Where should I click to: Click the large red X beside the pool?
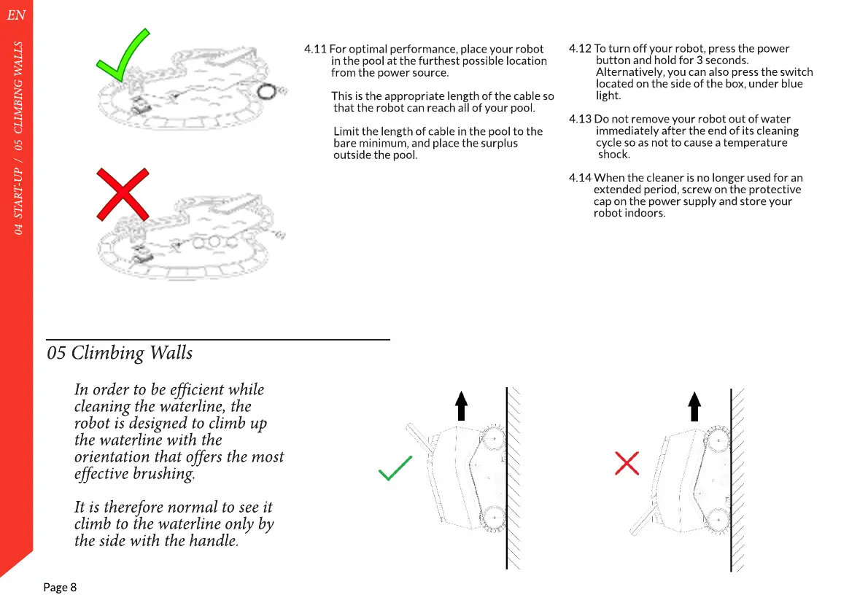pyautogui.click(x=123, y=194)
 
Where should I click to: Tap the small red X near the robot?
pyautogui.click(x=627, y=463)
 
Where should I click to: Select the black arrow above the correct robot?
pyautogui.click(x=460, y=405)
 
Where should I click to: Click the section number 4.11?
pyautogui.click(x=315, y=49)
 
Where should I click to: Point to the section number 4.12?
pyautogui.click(x=580, y=49)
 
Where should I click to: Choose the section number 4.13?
pyautogui.click(x=580, y=119)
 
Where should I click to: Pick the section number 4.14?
pyautogui.click(x=580, y=178)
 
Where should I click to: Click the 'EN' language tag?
pyautogui.click(x=16, y=15)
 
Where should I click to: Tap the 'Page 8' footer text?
pyautogui.click(x=60, y=588)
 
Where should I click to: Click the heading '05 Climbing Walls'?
pyautogui.click(x=120, y=353)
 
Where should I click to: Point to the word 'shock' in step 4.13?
pyautogui.click(x=613, y=155)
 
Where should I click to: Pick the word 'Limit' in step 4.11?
pyautogui.click(x=346, y=131)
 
